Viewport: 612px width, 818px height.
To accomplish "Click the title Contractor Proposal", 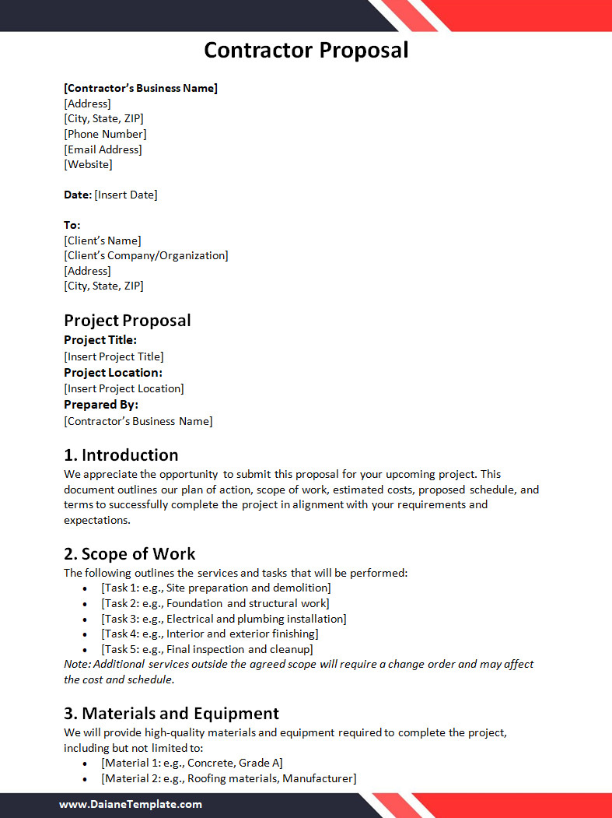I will click(306, 51).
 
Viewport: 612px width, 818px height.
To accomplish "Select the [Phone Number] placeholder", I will click(105, 134).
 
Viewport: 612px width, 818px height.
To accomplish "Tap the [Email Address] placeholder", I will click(103, 149).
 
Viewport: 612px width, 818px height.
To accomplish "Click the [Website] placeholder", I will click(88, 164).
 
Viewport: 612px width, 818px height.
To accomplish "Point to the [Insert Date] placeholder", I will click(126, 195).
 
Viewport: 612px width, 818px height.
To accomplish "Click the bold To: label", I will click(72, 225).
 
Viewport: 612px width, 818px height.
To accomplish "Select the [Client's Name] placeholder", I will click(103, 240).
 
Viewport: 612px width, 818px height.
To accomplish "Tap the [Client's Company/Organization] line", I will click(146, 255).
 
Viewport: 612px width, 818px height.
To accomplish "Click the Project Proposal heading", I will click(127, 321).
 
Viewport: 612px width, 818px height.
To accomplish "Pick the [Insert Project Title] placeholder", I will click(114, 356).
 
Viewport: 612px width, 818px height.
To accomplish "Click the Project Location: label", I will click(113, 373).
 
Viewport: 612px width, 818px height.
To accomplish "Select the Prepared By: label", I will click(101, 405).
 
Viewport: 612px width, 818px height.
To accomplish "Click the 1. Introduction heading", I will click(121, 455).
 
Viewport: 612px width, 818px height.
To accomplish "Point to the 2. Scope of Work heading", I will click(129, 554).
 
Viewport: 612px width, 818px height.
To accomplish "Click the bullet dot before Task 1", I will click(84, 588).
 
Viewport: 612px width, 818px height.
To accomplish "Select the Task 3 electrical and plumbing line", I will click(224, 619).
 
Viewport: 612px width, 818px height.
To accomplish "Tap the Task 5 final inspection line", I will click(207, 649).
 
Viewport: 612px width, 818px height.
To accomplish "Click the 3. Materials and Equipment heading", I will click(171, 714).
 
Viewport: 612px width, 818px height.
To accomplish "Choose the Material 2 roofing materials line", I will click(229, 778).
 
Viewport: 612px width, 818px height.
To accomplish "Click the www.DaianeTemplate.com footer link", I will click(131, 805).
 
